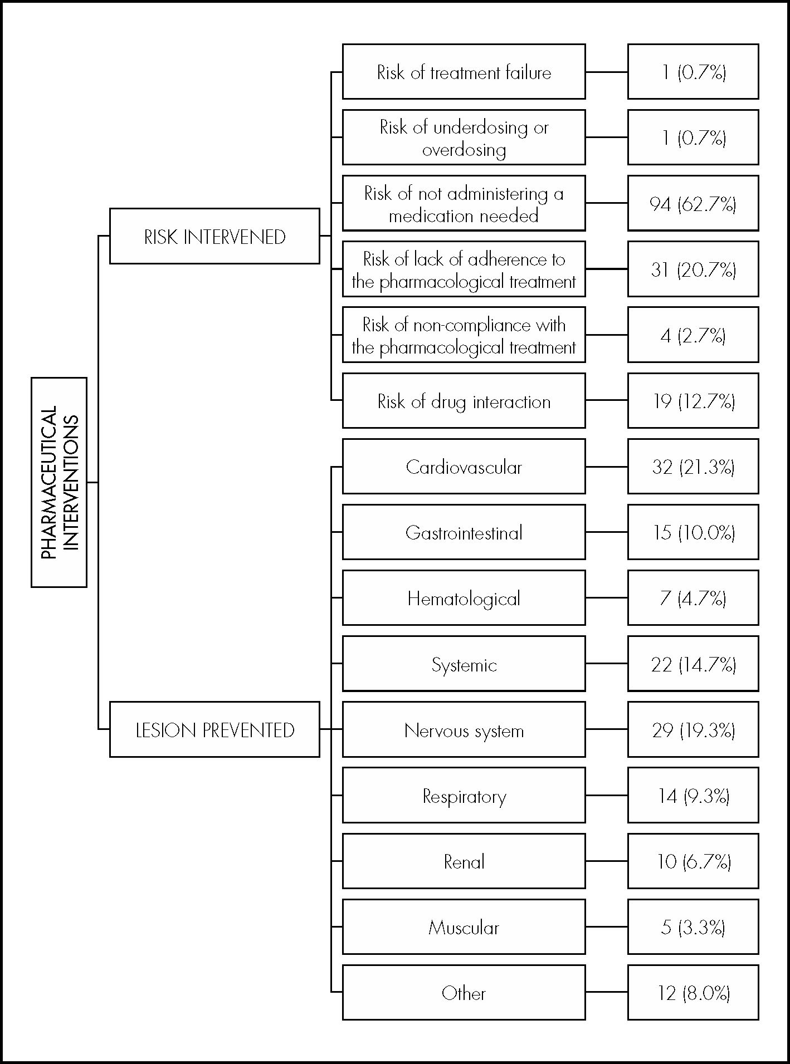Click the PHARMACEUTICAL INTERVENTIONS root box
pyautogui.click(x=59, y=482)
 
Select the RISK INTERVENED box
pyautogui.click(x=214, y=236)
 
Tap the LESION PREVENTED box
pyautogui.click(x=214, y=729)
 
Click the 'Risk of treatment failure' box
pyautogui.click(x=464, y=72)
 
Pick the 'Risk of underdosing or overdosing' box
pyautogui.click(x=464, y=138)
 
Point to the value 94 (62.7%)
pyautogui.click(x=693, y=203)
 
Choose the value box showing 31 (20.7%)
pyautogui.click(x=693, y=269)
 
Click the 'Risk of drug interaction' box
pyautogui.click(x=464, y=401)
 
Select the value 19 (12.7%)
pyautogui.click(x=693, y=401)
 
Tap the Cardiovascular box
pyautogui.click(x=464, y=467)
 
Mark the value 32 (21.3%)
pyautogui.click(x=693, y=467)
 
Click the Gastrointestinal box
pyautogui.click(x=464, y=532)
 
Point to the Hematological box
pyautogui.click(x=464, y=598)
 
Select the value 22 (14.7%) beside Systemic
pyautogui.click(x=693, y=664)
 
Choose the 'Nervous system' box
pyautogui.click(x=464, y=729)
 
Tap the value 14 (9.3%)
pyautogui.click(x=693, y=795)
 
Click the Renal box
pyautogui.click(x=464, y=861)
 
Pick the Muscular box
pyautogui.click(x=464, y=926)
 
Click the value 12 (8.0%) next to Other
pyautogui.click(x=693, y=992)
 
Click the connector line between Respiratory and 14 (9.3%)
pyautogui.click(x=606, y=795)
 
